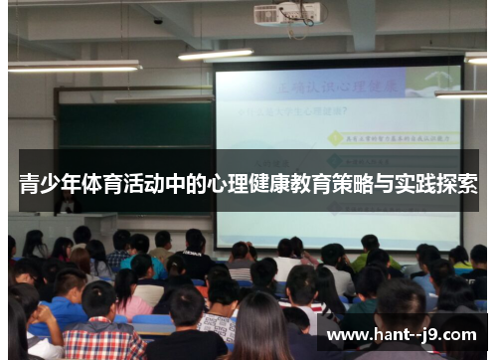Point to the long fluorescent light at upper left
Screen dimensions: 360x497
[75, 66]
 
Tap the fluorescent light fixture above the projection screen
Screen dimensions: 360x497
[217, 54]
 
